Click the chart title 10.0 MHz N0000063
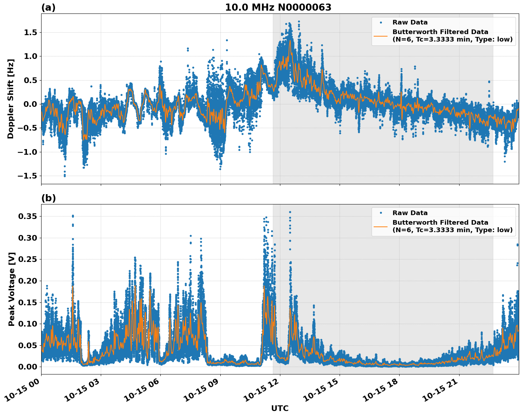click(278, 7)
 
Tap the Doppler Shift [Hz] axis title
click(11, 99)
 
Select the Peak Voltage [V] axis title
click(12, 289)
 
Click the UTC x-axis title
click(280, 409)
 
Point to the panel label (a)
click(48, 7)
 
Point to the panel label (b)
click(48, 198)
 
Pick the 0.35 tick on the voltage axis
click(28, 217)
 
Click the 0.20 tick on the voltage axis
click(28, 281)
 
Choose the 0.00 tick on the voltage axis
click(28, 367)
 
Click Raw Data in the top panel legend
click(410, 22)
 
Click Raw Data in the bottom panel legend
click(410, 213)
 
